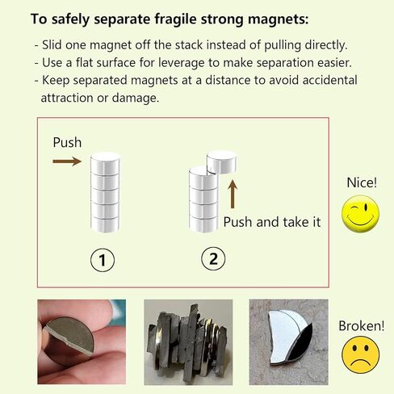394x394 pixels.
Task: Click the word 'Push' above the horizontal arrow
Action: pos(67,142)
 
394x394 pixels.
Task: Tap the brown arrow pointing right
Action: pos(67,161)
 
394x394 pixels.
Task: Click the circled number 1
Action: pos(103,259)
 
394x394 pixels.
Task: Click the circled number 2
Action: pos(213,259)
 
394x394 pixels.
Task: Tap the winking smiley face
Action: pos(360,214)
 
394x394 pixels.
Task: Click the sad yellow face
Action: pos(360,356)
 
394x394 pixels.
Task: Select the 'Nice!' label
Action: pos(361,182)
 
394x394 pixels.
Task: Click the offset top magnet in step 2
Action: pos(221,161)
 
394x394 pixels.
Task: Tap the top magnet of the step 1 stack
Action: pos(106,161)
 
